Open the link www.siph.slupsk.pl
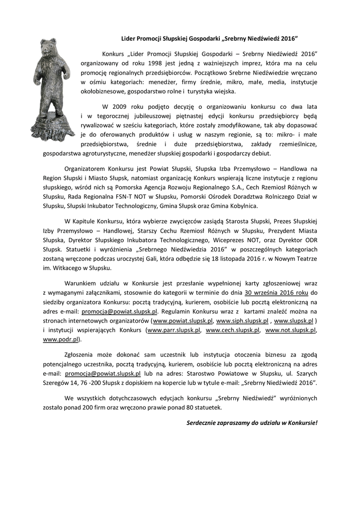pos(243,321)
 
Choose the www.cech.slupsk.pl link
pos(233,330)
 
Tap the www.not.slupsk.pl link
pos(290,330)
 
